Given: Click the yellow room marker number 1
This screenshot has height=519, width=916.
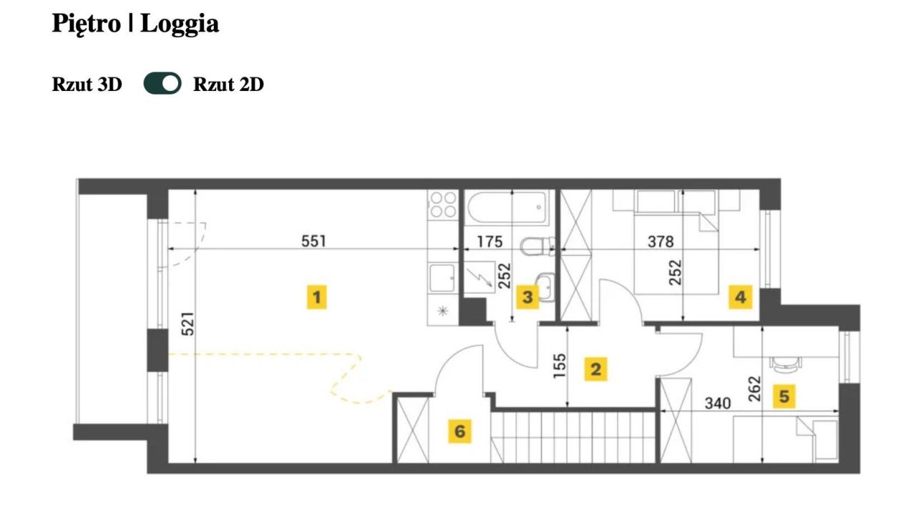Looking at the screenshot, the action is coord(317,297).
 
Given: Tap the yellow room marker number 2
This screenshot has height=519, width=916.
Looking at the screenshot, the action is coord(595,369).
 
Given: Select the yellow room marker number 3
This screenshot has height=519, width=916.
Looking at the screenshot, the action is coord(527,297).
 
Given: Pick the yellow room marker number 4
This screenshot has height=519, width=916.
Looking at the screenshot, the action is coord(741,297).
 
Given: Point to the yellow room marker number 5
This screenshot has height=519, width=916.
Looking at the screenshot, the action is coord(784,397).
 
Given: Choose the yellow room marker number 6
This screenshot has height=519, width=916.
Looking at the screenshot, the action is coord(459,431).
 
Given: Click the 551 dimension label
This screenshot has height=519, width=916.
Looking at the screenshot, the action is coord(313,241).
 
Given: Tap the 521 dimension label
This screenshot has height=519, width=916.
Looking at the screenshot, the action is coord(187,324).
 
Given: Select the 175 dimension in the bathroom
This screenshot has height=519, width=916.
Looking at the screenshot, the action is coord(490,242).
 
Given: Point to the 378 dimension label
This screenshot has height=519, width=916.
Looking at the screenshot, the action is coord(661,242).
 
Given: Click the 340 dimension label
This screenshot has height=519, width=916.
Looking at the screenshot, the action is coord(718,403).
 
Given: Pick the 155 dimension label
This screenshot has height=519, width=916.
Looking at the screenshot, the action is coord(560,366).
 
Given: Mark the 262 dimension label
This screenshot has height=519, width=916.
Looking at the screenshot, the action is coord(754,389).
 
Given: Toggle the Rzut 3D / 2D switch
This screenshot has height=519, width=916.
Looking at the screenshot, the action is coord(162,84).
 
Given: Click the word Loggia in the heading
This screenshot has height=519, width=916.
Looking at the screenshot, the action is coord(180,24).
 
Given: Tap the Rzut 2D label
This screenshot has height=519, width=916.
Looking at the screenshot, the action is coord(228,84).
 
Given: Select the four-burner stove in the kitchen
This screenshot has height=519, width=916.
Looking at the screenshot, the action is coord(443,205).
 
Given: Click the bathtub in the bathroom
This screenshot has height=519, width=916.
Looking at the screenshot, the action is coord(507,208).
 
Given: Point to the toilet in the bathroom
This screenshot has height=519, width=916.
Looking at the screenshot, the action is coord(537,246).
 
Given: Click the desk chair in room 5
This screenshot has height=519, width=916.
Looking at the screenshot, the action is coord(785,364).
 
